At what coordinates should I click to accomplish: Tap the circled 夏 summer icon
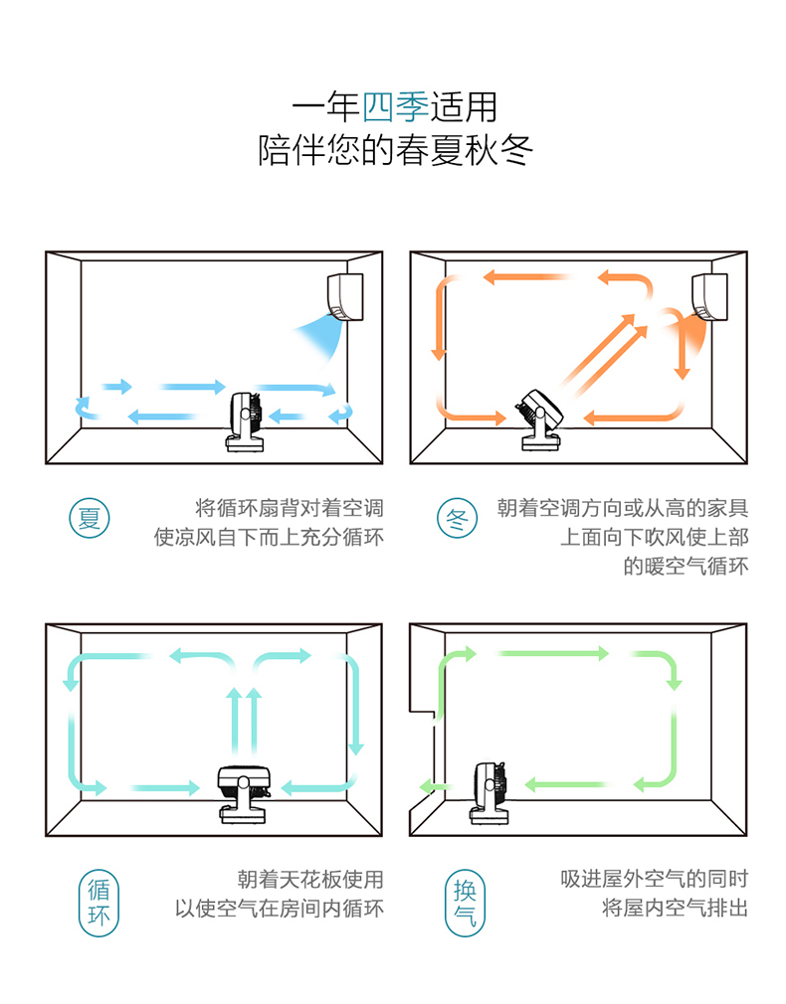(x=90, y=517)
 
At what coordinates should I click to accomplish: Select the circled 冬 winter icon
(x=458, y=517)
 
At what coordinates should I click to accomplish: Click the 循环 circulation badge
(x=98, y=902)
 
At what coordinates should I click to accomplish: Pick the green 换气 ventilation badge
(x=465, y=902)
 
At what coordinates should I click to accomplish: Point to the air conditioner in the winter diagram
(x=709, y=296)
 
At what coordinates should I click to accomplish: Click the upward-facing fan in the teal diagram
(x=244, y=792)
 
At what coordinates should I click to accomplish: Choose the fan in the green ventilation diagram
(x=490, y=791)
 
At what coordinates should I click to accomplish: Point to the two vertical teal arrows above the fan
(x=244, y=722)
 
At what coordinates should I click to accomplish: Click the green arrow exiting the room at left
(x=428, y=785)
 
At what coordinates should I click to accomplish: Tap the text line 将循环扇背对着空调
(x=290, y=508)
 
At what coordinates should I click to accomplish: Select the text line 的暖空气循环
(x=686, y=567)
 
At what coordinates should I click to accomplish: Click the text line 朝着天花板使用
(x=309, y=879)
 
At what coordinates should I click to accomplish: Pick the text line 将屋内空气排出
(x=674, y=908)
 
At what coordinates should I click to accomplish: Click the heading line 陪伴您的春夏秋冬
(x=395, y=150)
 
